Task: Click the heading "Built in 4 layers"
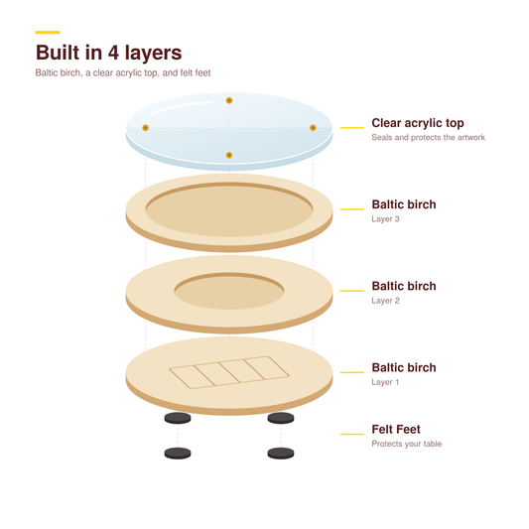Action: pyautogui.click(x=108, y=53)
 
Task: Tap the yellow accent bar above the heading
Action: pyautogui.click(x=48, y=33)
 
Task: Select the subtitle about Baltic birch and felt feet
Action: pyautogui.click(x=123, y=72)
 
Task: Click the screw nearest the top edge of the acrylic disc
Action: pyautogui.click(x=229, y=100)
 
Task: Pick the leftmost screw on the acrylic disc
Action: pyautogui.click(x=146, y=128)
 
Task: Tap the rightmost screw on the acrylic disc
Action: pyautogui.click(x=313, y=128)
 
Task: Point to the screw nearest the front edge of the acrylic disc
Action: pyautogui.click(x=229, y=155)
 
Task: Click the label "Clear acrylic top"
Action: pyautogui.click(x=418, y=123)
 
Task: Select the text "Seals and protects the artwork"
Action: pyautogui.click(x=428, y=137)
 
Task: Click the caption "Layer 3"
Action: pyautogui.click(x=385, y=219)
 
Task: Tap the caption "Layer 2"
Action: pyautogui.click(x=385, y=301)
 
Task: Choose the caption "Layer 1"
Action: pyautogui.click(x=385, y=382)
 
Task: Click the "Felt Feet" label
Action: pyautogui.click(x=396, y=430)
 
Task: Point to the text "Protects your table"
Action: pyautogui.click(x=407, y=444)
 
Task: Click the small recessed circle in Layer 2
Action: pyautogui.click(x=229, y=291)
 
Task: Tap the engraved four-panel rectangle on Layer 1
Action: pyautogui.click(x=229, y=372)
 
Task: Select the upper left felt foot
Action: pyautogui.click(x=178, y=419)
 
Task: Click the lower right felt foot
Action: pyautogui.click(x=281, y=454)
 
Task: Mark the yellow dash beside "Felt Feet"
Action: pyautogui.click(x=352, y=434)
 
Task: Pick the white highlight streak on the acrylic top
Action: pyautogui.click(x=182, y=106)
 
